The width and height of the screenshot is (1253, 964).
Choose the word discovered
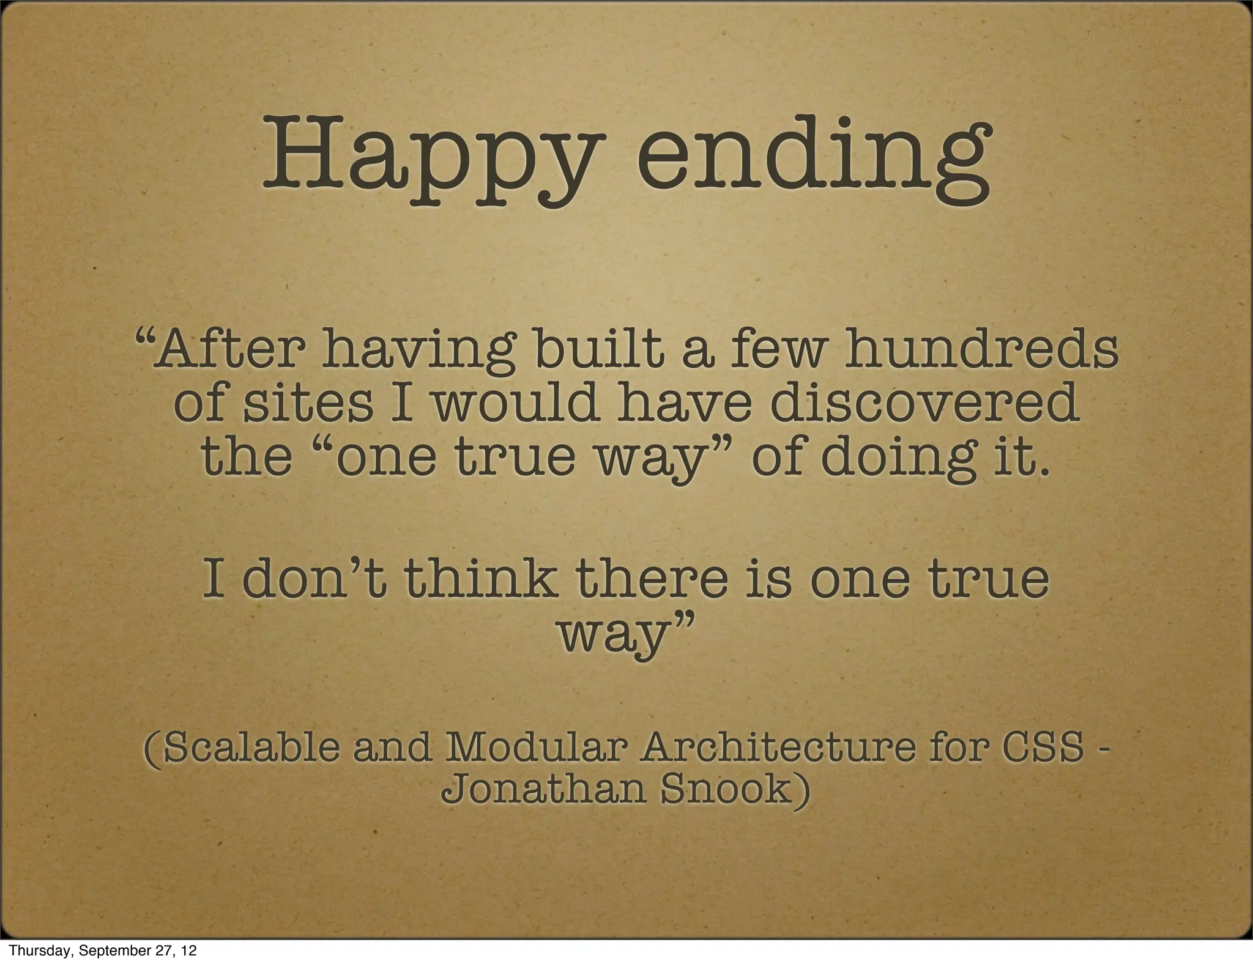(x=924, y=403)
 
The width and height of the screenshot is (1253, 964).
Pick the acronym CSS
(x=1049, y=748)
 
